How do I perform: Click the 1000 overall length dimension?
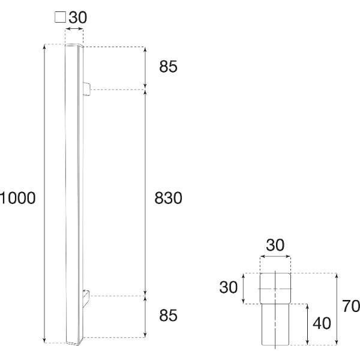pos(18,198)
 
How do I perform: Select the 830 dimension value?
pos(168,198)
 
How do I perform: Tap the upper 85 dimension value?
pos(168,67)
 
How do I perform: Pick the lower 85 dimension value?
pos(168,315)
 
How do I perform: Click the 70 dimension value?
pos(351,306)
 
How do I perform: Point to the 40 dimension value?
pos(322,323)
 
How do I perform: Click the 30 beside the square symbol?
pos(78,17)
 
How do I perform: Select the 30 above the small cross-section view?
pos(275,245)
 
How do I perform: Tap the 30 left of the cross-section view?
pos(228,287)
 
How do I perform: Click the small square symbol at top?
pos(61,17)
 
